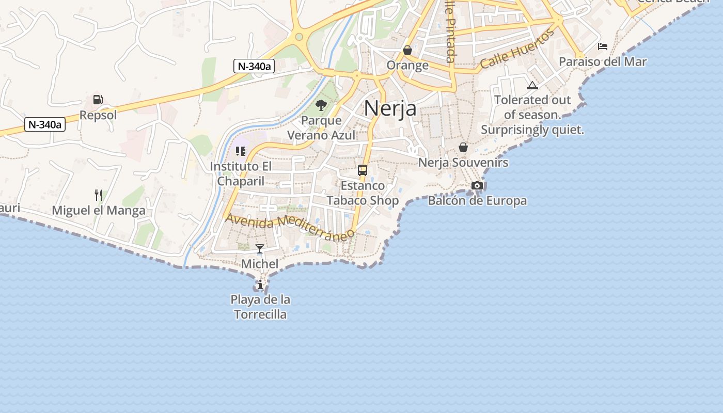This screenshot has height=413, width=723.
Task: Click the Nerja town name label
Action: click(390, 108)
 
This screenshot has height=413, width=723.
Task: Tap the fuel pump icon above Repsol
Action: click(98, 100)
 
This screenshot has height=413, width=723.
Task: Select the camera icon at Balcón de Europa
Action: click(477, 185)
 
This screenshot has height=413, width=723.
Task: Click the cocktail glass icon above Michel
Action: click(260, 249)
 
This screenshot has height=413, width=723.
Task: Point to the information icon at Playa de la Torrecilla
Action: click(260, 284)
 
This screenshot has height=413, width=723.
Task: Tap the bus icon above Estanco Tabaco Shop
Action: click(363, 170)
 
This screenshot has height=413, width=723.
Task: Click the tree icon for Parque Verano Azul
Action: click(321, 105)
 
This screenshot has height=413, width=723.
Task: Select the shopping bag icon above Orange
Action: click(407, 50)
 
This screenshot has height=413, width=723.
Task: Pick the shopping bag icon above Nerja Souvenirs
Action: click(463, 147)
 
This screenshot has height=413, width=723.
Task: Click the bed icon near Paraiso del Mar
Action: click(603, 46)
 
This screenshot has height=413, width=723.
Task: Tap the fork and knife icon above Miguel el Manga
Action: click(98, 195)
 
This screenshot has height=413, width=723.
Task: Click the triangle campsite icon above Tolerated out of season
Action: click(532, 85)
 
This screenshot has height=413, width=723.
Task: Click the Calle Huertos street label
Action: click(517, 50)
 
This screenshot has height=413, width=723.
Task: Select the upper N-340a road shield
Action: click(253, 66)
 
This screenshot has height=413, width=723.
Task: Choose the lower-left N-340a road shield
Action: click(45, 124)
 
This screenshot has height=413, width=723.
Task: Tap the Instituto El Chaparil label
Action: click(241, 173)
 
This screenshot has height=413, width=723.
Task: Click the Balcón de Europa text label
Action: click(477, 201)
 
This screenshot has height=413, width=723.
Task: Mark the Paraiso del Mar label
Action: click(603, 62)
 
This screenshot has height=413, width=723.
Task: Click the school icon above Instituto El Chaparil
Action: click(241, 151)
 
